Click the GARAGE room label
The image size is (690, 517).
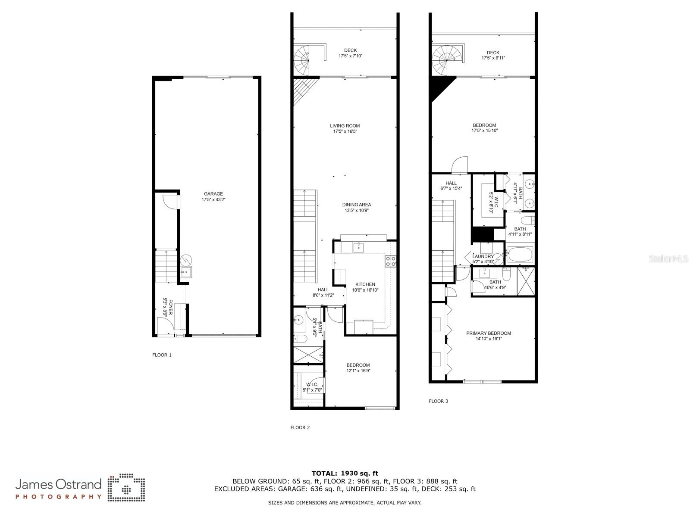213,194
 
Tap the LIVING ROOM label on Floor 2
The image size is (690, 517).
345,126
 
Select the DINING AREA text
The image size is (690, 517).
357,205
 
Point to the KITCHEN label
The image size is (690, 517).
365,284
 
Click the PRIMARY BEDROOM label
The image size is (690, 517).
489,333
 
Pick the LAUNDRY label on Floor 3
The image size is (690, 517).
483,256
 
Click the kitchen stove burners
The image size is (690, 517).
391,262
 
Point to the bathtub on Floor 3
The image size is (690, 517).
520,254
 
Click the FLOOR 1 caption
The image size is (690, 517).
162,355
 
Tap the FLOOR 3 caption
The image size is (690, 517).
439,401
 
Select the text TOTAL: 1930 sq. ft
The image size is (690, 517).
345,473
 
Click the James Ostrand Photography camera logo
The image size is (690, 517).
126,487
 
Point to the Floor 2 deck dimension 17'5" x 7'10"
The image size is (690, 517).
350,56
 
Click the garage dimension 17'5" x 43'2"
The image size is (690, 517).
213,199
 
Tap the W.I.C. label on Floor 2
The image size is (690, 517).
312,385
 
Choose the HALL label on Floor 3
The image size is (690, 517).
451,183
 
